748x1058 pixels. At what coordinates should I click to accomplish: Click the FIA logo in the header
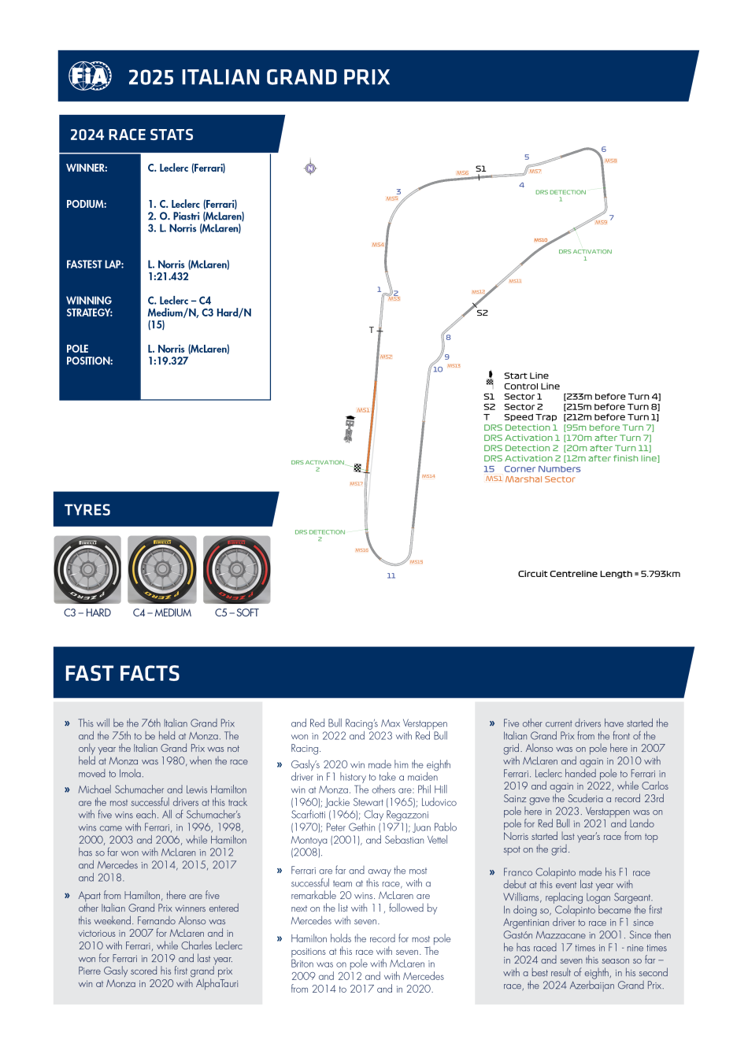click(x=90, y=76)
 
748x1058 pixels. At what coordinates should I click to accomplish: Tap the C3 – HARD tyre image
click(x=87, y=570)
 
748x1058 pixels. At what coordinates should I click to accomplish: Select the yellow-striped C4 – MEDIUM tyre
click(x=162, y=570)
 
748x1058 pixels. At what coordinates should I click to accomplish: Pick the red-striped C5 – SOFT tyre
click(x=237, y=570)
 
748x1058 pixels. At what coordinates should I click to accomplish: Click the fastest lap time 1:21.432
click(x=168, y=277)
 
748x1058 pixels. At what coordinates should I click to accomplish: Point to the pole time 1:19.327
click(x=168, y=361)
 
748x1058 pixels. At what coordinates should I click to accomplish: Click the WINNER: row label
click(x=87, y=168)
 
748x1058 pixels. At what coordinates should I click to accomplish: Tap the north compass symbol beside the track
click(x=310, y=168)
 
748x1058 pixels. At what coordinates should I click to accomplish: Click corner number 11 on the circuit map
click(x=391, y=576)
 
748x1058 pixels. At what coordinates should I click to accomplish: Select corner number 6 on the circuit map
click(x=604, y=150)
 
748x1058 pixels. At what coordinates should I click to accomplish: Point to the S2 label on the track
click(x=483, y=313)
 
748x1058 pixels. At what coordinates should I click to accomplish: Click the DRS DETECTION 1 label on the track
click(x=561, y=194)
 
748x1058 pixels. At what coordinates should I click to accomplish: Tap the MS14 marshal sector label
click(x=428, y=476)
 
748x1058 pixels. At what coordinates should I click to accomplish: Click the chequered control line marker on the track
click(x=357, y=468)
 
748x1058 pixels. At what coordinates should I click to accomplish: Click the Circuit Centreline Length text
click(x=598, y=574)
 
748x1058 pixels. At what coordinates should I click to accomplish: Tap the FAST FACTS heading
click(x=123, y=674)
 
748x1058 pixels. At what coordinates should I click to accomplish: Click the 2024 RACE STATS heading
click(x=131, y=135)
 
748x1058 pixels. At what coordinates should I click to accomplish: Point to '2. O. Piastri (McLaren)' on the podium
click(x=196, y=216)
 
